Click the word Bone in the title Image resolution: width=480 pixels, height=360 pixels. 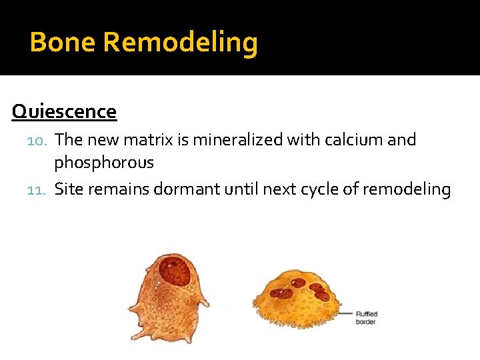(x=63, y=43)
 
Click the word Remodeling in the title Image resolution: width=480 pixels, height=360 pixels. (x=181, y=43)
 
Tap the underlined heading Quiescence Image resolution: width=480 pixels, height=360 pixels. (x=64, y=111)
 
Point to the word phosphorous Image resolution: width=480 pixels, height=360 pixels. (x=104, y=163)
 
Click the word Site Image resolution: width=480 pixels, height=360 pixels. (x=69, y=189)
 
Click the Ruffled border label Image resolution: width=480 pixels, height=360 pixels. (x=366, y=318)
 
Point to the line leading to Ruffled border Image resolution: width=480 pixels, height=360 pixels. (x=346, y=312)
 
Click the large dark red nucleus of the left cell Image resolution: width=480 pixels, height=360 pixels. (x=175, y=271)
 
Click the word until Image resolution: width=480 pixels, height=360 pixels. (x=243, y=189)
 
